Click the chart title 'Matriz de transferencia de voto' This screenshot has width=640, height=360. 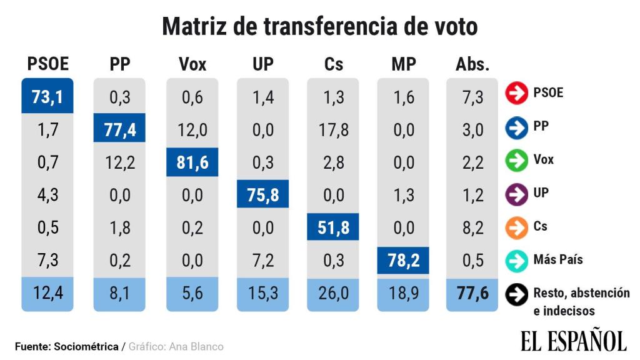coord(319,27)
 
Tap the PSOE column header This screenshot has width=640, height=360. coord(47,64)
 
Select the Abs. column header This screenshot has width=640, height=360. coord(472,64)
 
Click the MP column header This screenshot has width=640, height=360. coord(404,64)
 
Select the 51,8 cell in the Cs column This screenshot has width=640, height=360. coord(333,227)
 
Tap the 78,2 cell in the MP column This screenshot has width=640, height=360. coord(404,260)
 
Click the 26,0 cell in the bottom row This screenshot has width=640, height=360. coord(333,293)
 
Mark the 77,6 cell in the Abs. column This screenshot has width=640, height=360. coord(472,293)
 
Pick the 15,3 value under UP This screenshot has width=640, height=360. coord(262,293)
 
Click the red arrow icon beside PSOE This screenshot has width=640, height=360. coord(516,94)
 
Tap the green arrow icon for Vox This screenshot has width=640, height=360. coord(516,161)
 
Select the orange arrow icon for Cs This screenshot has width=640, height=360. coord(516,227)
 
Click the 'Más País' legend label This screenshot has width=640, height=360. coord(558,259)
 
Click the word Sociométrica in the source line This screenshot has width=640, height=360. coord(86,346)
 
